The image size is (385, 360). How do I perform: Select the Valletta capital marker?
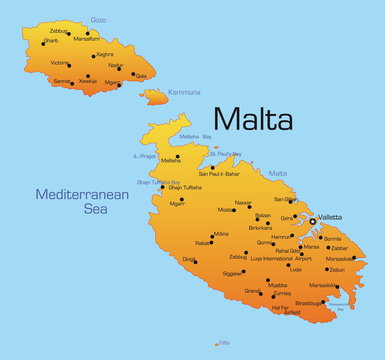313,220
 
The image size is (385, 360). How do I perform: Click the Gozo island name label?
98,19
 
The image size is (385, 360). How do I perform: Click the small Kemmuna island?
154,96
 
